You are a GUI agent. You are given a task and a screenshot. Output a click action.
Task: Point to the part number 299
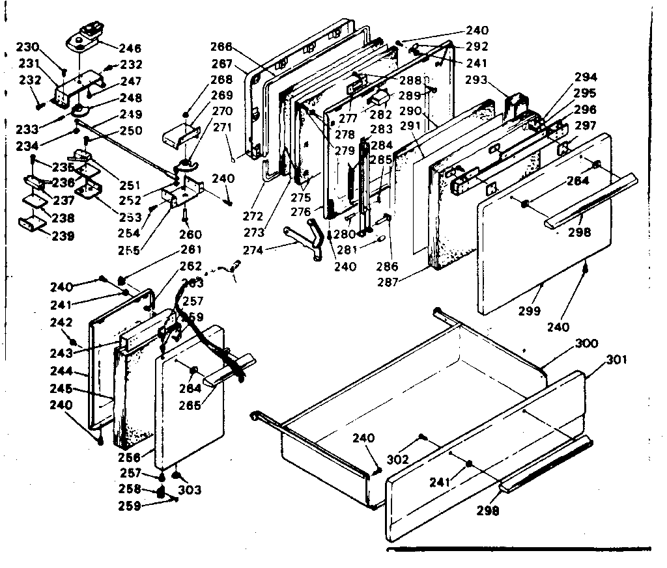pos(530,311)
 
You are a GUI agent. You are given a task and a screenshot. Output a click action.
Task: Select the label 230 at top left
pos(29,47)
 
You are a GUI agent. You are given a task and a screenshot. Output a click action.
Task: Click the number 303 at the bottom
pos(190,490)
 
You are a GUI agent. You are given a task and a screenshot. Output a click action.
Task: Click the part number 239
pos(60,236)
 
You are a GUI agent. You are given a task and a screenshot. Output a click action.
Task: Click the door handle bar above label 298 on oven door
pos(589,202)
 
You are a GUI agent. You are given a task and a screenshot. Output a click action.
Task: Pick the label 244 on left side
pos(63,373)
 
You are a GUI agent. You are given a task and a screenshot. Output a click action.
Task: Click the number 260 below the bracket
pos(190,234)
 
